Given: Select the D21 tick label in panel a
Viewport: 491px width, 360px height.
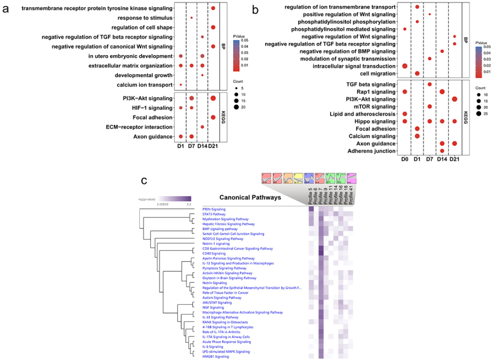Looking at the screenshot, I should (x=212, y=145).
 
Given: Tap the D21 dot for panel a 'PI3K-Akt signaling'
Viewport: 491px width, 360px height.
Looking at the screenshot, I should (x=212, y=98).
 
